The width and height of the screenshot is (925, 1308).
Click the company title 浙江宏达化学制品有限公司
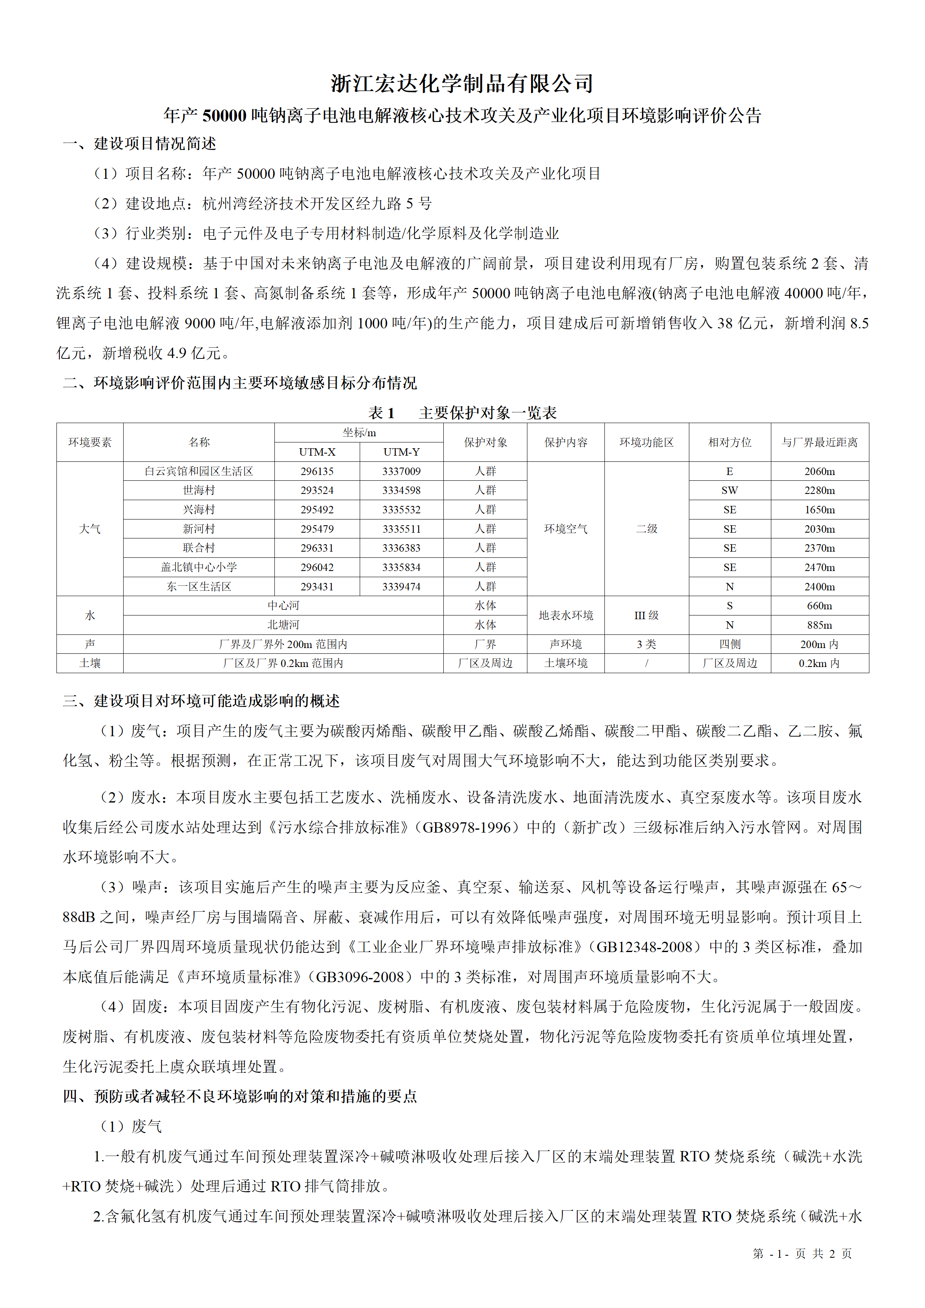coord(462,84)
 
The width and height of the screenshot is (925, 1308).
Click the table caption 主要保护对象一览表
coord(487,412)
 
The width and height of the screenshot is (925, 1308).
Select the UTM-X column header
coord(317,452)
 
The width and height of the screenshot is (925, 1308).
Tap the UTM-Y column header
coord(401,452)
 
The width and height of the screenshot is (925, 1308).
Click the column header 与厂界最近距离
coord(819,442)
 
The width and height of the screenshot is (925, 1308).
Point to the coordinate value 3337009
coord(401,471)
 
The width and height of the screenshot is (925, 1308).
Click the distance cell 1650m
coord(819,509)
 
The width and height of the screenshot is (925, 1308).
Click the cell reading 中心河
coord(283,606)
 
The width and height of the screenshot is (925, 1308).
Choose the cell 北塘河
coord(283,625)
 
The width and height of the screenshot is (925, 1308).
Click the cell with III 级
coord(646,615)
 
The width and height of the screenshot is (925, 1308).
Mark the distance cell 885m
coord(819,625)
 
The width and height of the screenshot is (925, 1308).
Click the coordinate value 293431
coord(317,586)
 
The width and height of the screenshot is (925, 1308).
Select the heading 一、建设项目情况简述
coord(140,143)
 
